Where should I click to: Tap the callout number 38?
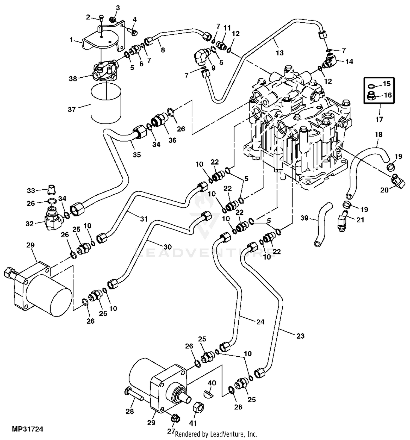click(x=73, y=79)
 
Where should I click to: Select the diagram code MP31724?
click(x=27, y=429)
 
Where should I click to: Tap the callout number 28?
click(x=130, y=411)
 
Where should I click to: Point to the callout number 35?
click(x=137, y=154)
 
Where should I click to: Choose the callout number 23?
click(x=300, y=336)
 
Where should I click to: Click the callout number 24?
click(x=260, y=322)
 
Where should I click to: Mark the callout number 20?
click(x=384, y=189)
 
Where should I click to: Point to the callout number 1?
click(x=71, y=40)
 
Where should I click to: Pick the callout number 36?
click(x=172, y=140)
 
